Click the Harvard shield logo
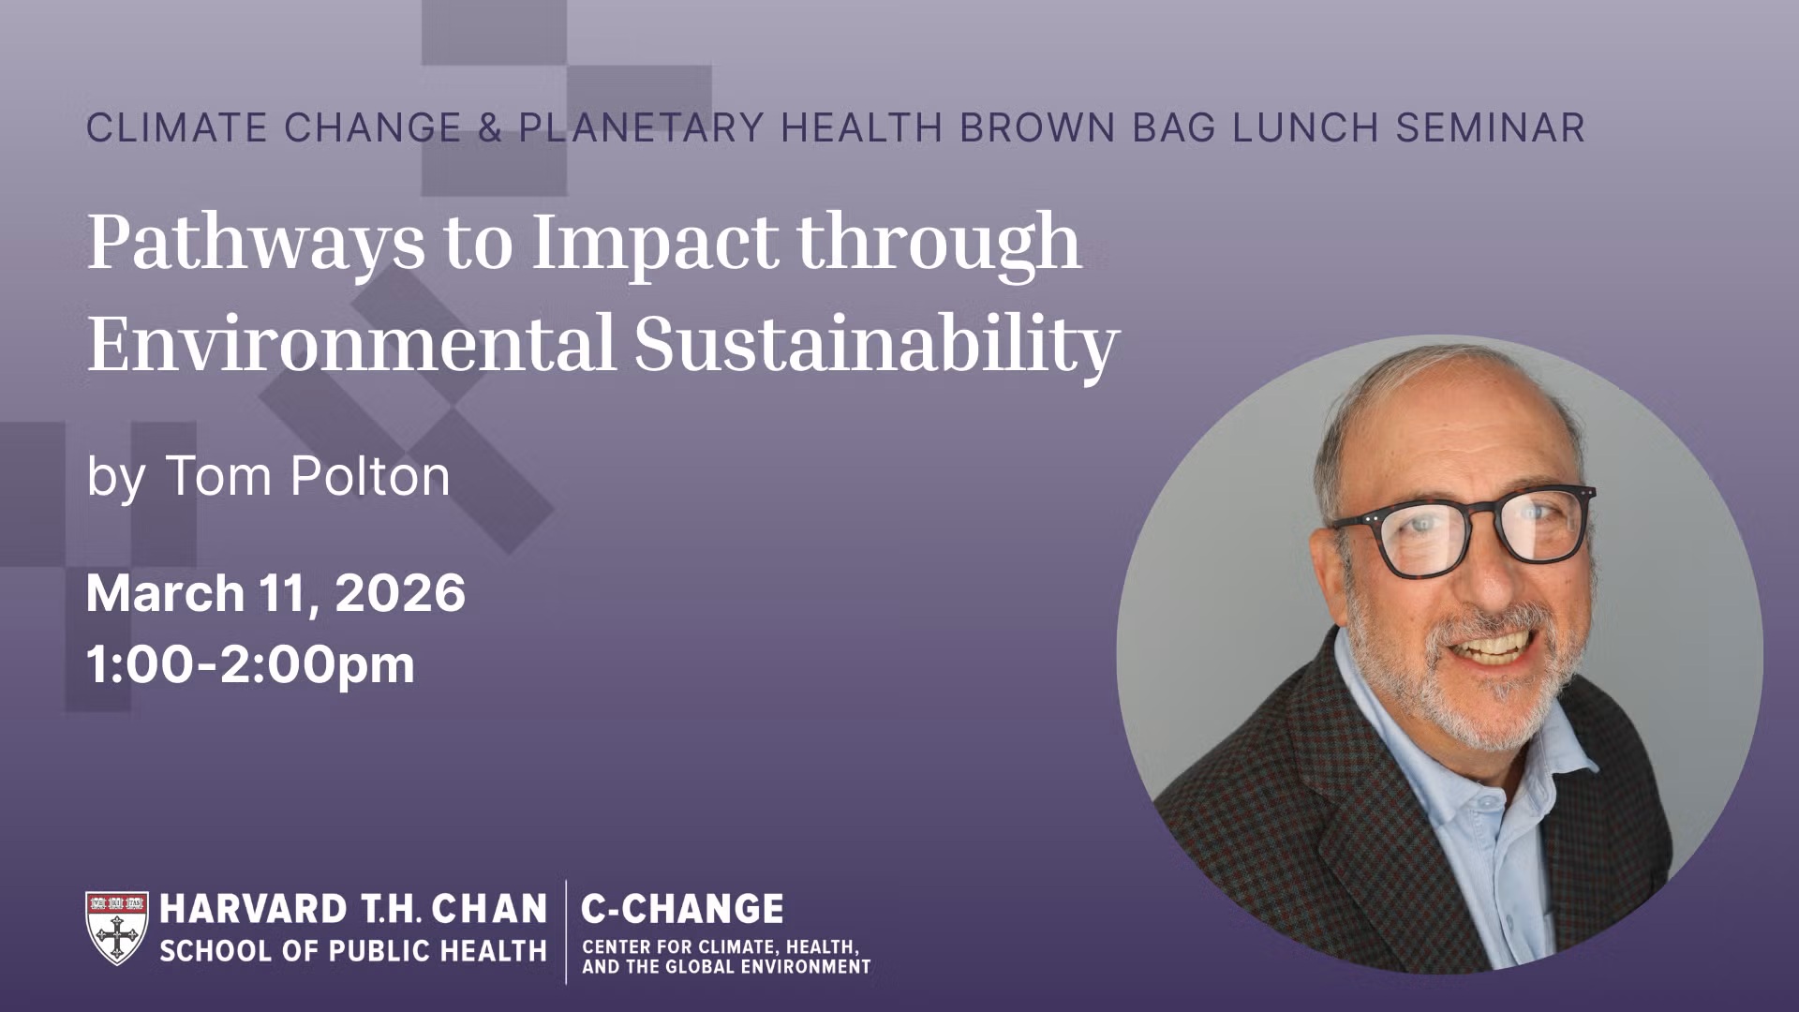tap(117, 928)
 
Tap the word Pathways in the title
tap(255, 243)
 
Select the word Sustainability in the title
tap(876, 345)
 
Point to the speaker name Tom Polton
tap(308, 476)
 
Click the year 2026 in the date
tap(400, 594)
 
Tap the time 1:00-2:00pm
tap(250, 664)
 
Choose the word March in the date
tap(166, 594)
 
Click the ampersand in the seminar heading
tap(490, 128)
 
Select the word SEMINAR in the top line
tap(1490, 128)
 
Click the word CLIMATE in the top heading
tap(177, 128)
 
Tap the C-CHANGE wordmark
tap(682, 909)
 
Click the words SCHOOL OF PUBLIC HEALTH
tap(353, 951)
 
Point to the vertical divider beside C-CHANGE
tap(566, 932)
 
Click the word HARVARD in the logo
tap(254, 909)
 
